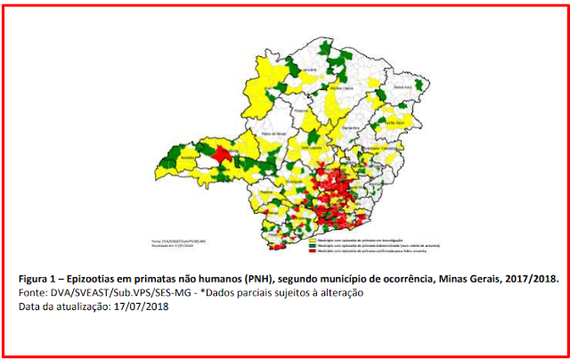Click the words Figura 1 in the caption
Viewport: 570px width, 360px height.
[x=43, y=279]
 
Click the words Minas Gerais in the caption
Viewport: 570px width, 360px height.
[x=468, y=279]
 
